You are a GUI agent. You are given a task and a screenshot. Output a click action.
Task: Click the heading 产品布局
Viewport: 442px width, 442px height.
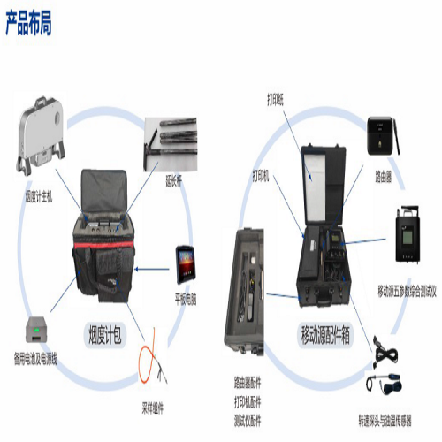click(28, 24)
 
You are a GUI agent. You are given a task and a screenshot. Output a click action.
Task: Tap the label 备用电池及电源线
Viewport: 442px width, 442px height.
click(31, 357)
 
